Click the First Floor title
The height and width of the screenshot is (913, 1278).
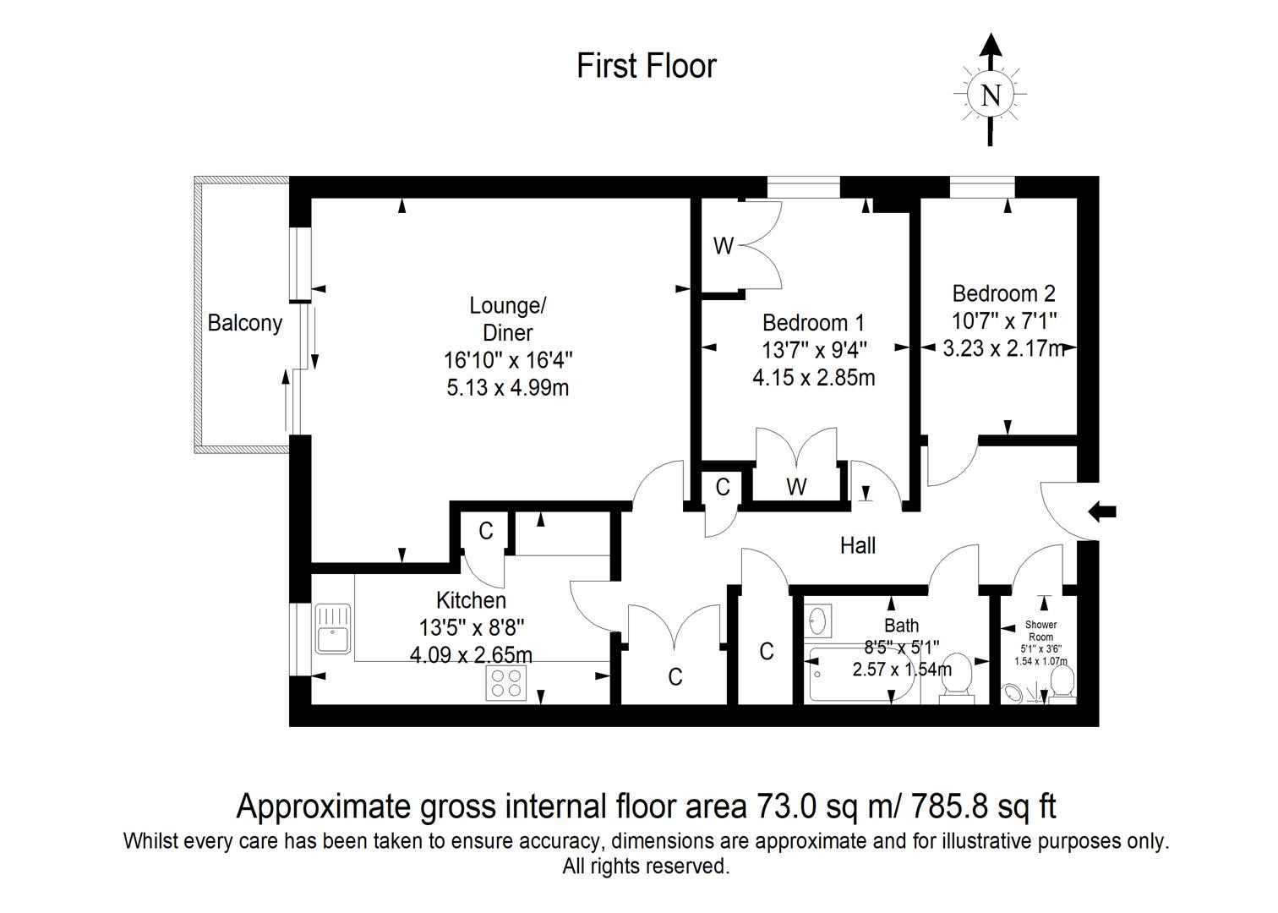click(x=647, y=66)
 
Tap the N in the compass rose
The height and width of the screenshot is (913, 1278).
click(x=991, y=96)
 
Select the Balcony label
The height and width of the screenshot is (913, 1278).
click(x=244, y=323)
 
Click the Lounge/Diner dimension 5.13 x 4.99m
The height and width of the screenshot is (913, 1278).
click(x=508, y=387)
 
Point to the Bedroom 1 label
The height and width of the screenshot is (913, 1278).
click(x=813, y=322)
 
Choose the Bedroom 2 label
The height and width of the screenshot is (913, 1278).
click(x=1003, y=293)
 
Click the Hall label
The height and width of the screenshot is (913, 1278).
click(x=857, y=546)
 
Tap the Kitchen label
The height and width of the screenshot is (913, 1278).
click(x=471, y=600)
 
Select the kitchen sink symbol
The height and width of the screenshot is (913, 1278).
click(x=332, y=628)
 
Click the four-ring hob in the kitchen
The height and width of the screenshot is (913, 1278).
click(x=507, y=683)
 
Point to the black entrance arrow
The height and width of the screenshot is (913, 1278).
click(x=1102, y=511)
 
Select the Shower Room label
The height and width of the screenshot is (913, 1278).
click(x=1040, y=631)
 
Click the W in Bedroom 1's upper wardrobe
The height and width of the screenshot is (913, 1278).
click(x=723, y=246)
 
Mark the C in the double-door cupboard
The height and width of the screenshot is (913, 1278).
click(x=674, y=677)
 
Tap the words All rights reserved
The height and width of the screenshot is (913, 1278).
click(x=646, y=867)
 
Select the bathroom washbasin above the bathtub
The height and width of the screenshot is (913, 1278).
click(x=817, y=621)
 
